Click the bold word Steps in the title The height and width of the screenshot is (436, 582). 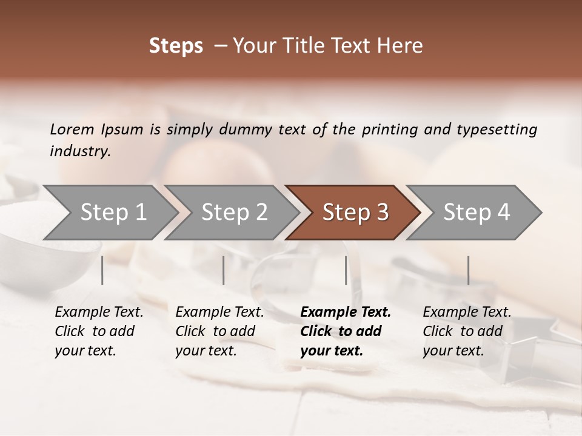pyautogui.click(x=176, y=46)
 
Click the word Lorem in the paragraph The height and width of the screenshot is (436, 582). pyautogui.click(x=72, y=129)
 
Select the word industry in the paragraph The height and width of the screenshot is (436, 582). pyautogui.click(x=79, y=151)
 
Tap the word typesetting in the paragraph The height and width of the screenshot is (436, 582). pyautogui.click(x=497, y=129)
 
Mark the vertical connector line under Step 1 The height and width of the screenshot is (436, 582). pyautogui.click(x=102, y=270)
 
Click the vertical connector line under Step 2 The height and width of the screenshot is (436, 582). pyautogui.click(x=224, y=270)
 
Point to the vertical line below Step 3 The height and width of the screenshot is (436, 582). pyautogui.click(x=346, y=270)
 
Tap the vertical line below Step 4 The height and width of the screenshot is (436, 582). pyautogui.click(x=468, y=270)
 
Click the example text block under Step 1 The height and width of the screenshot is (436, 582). pyautogui.click(x=99, y=331)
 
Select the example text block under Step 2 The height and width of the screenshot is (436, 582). pyautogui.click(x=219, y=331)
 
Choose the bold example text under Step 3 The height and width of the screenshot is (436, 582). pyautogui.click(x=346, y=331)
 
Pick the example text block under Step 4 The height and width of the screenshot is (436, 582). pyautogui.click(x=467, y=331)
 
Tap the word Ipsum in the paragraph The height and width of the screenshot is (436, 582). pyautogui.click(x=122, y=129)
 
